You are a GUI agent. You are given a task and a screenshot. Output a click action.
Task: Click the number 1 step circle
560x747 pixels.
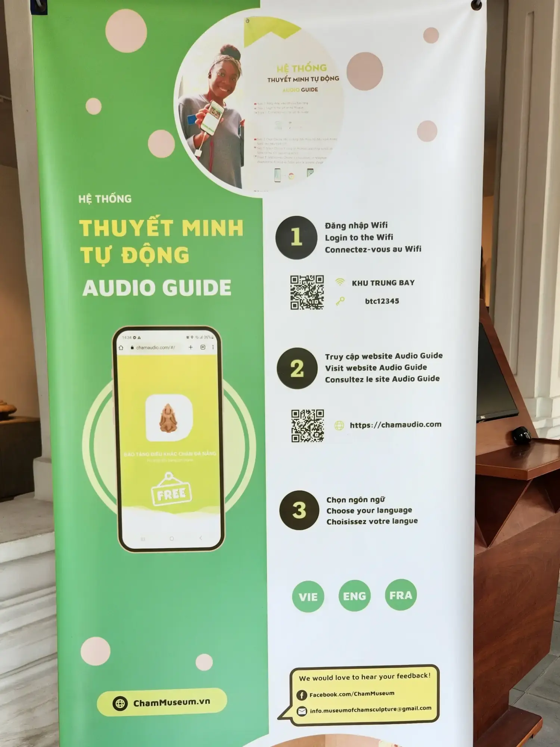tap(296, 238)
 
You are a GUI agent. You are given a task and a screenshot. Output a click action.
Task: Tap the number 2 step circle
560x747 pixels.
tap(297, 369)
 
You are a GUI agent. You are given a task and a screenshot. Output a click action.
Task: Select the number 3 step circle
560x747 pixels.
tap(299, 510)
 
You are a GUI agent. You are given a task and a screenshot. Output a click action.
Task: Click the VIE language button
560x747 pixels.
tap(308, 596)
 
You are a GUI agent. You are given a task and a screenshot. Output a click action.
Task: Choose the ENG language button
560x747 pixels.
tap(354, 596)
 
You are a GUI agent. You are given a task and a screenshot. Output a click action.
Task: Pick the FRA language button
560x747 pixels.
tap(401, 595)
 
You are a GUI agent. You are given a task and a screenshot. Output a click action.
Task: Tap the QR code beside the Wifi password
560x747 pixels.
tap(307, 292)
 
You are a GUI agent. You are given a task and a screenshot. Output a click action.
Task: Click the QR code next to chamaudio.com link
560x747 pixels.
tap(307, 426)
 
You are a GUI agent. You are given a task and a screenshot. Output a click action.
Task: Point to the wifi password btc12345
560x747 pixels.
tap(382, 301)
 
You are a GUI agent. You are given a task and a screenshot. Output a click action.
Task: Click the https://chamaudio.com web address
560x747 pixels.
tap(395, 425)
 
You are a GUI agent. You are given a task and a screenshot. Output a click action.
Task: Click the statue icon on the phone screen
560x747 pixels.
tap(168, 418)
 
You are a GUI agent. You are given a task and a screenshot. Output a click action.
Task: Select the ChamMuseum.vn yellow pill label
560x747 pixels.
tap(162, 702)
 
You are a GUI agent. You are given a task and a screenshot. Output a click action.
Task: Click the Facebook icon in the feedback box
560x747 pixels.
tap(301, 695)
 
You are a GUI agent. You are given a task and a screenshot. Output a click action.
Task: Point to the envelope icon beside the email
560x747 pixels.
tap(302, 711)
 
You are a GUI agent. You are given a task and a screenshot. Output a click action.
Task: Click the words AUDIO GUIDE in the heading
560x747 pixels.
tap(157, 288)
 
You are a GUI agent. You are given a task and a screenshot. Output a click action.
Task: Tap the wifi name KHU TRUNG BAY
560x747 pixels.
tap(383, 283)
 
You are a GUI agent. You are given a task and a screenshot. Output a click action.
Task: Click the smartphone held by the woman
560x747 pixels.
tap(212, 117)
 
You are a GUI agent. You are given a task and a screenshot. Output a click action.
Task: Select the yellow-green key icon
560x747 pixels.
tap(340, 301)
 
